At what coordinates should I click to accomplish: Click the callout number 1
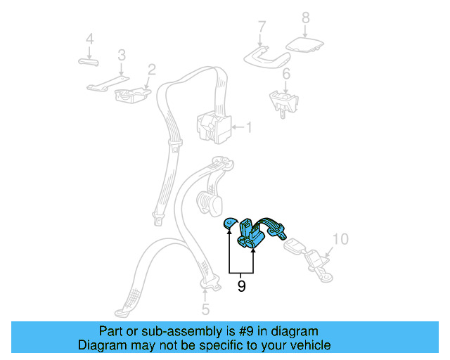coord(247,128)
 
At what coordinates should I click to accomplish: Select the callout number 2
coord(151,70)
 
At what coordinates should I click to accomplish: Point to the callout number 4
coord(89,40)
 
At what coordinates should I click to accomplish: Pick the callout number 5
coord(205,309)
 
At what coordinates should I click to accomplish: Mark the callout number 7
coord(262,27)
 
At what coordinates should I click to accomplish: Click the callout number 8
coord(305,18)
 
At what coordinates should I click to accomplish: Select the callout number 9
coord(241,286)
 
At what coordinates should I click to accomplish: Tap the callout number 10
coord(340,240)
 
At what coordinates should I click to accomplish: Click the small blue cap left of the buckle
coord(230,224)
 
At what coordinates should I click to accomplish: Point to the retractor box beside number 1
coord(213,127)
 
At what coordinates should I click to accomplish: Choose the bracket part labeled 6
coord(283,101)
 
